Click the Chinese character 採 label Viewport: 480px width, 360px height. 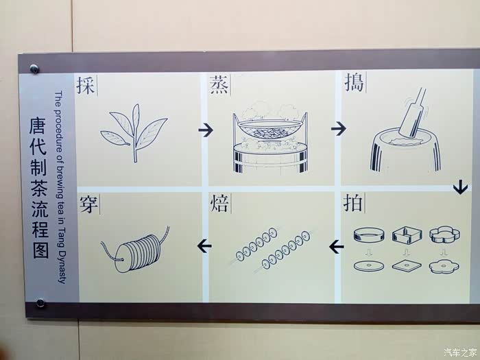(86, 86)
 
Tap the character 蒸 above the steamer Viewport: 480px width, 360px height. (219, 85)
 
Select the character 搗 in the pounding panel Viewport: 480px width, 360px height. (355, 82)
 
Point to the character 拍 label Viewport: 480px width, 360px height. (353, 202)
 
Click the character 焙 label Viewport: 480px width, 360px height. (219, 203)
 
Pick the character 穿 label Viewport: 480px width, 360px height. (88, 204)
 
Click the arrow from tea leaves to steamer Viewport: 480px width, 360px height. (206, 130)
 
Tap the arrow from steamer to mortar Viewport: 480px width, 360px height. (339, 128)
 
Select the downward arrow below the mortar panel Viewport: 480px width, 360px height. (460, 187)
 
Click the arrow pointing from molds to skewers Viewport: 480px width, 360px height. (337, 247)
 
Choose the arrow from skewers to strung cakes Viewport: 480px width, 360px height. (204, 245)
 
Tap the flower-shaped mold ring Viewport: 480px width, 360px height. (445, 235)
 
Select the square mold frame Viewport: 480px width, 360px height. (407, 235)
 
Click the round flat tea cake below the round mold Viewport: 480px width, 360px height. (369, 266)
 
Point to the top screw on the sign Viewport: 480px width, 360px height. (34, 69)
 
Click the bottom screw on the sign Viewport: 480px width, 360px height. (40, 303)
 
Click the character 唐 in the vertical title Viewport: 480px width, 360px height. (38, 125)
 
